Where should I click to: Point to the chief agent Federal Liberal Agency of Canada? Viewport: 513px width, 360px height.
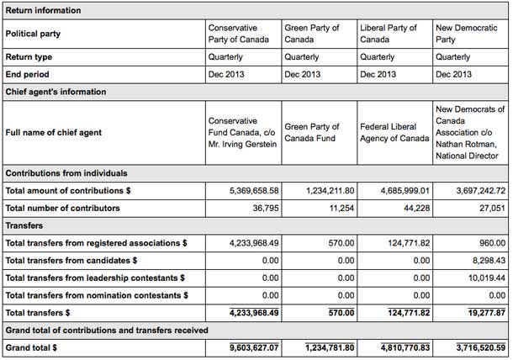(394, 132)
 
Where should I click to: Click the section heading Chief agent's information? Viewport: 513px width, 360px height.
(56, 91)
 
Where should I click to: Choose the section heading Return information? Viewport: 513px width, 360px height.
(44, 10)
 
